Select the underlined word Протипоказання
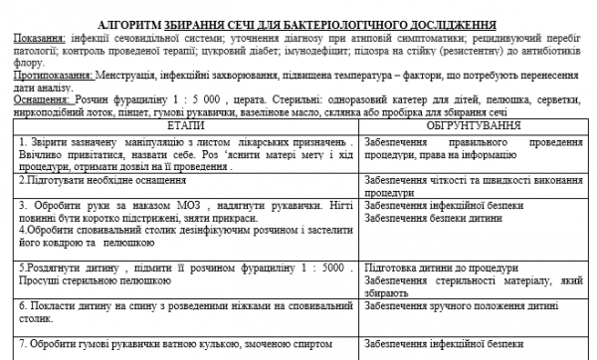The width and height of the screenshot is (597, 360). point(43,75)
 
